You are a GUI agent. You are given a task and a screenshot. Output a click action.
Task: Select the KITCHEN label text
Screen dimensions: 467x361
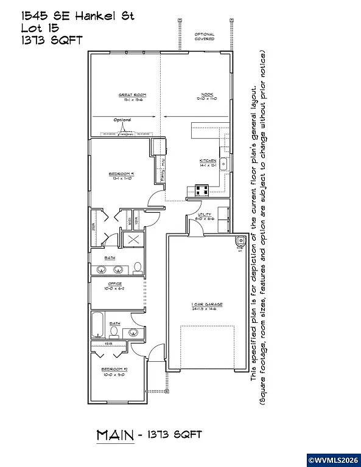click(208, 161)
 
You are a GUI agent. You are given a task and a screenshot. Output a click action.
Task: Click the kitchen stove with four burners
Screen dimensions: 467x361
click(202, 189)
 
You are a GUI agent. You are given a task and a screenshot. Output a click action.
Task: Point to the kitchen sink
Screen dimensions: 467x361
click(223, 164)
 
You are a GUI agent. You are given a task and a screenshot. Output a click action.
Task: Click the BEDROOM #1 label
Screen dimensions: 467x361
click(121, 175)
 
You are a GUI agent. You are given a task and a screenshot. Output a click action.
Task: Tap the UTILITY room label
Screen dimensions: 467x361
click(204, 215)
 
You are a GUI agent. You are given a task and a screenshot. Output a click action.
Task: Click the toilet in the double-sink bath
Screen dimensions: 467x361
click(138, 268)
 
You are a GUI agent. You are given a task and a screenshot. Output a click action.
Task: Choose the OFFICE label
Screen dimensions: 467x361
click(114, 284)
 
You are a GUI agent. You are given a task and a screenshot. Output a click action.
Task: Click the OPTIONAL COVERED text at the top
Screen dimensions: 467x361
click(205, 37)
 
